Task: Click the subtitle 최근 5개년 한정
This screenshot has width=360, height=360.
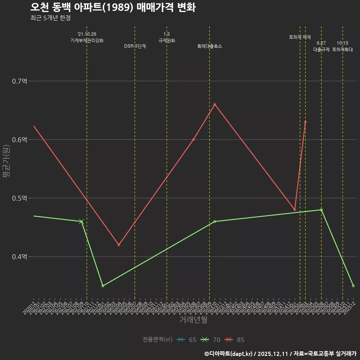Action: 50,18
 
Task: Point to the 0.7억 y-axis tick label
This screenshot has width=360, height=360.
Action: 19,81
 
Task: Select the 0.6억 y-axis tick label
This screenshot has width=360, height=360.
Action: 19,139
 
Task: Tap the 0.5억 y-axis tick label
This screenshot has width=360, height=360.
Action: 19,198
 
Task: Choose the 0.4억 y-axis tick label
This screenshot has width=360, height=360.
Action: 19,257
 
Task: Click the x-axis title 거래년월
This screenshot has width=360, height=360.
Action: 193,320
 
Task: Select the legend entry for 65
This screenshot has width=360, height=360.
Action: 186,340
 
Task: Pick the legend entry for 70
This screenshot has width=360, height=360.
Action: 210,340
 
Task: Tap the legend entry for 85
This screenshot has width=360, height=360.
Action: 234,340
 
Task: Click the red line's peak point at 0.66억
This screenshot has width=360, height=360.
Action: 214,104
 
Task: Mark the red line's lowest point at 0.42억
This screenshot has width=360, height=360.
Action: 119,245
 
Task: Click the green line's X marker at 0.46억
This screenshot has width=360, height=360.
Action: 81,222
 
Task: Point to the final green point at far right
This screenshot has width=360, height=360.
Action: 353,286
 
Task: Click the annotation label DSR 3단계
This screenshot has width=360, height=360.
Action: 135,46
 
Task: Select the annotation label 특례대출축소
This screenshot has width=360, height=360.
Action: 210,46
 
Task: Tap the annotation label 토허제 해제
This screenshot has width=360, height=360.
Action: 300,37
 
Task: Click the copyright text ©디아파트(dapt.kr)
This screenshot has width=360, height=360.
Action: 229,354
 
